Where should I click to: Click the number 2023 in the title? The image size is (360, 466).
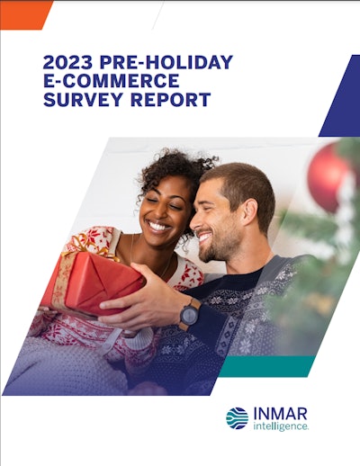68,62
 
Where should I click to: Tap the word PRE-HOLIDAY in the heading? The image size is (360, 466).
166,62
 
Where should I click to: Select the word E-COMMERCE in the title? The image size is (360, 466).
112,80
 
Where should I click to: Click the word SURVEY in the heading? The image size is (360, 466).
84,99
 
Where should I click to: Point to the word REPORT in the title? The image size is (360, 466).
170,99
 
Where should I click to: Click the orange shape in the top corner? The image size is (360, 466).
24,15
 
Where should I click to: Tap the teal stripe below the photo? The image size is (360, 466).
267,366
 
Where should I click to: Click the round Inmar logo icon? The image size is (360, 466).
237,418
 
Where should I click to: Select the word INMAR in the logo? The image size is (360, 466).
280,414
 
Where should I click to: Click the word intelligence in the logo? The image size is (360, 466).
281,426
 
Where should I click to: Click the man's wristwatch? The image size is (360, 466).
190,314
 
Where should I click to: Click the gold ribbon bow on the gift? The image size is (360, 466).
87,245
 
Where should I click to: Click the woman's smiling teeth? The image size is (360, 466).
158,226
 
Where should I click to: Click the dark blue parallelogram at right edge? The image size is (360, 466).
340,96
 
